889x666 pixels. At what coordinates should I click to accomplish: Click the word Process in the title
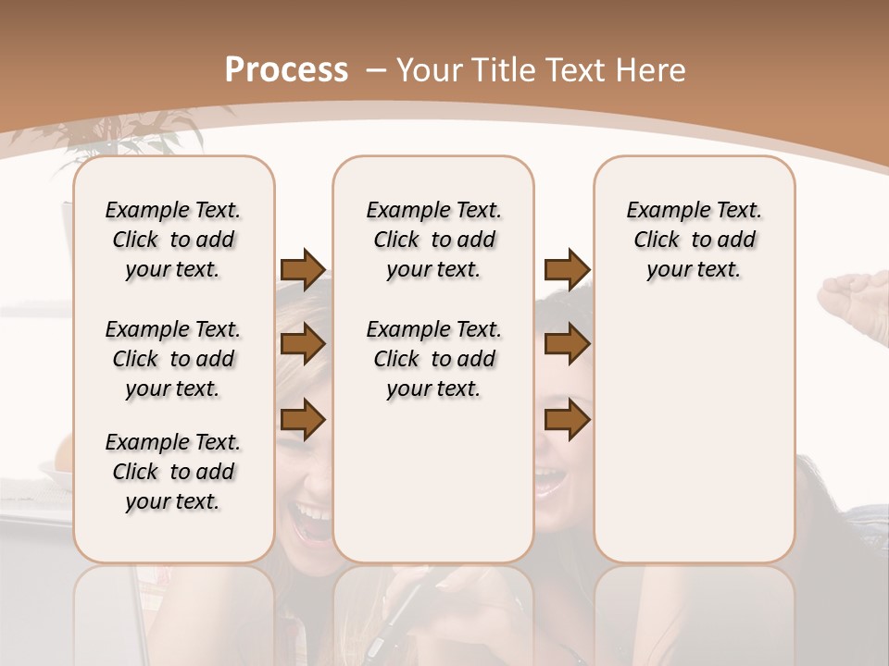pos(286,69)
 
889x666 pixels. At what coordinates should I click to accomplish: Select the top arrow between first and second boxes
pos(303,269)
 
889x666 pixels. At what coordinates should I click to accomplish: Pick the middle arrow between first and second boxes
pos(303,345)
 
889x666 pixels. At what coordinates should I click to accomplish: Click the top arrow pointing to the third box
pos(567,269)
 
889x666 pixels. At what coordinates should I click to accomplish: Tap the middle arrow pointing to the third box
pos(567,345)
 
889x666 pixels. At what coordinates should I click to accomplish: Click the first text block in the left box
pos(173,240)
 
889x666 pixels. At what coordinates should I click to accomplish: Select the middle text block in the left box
pos(173,359)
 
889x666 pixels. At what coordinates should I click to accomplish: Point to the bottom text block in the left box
pos(173,472)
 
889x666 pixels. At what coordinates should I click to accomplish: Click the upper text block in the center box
pos(434,240)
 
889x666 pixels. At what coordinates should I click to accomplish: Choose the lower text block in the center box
pos(434,359)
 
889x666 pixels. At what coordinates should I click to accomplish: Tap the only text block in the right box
pos(695,240)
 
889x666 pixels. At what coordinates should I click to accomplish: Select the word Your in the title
pos(429,69)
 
